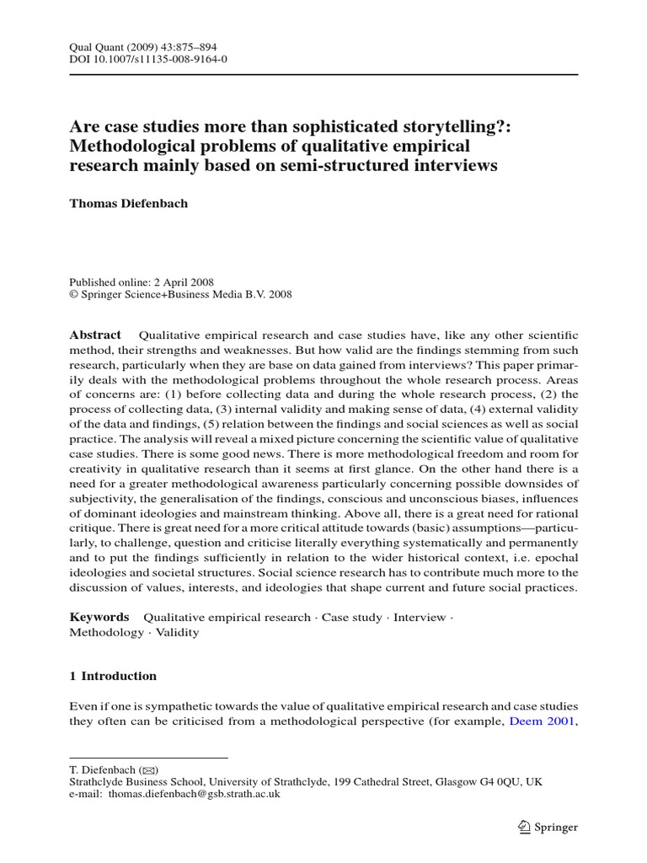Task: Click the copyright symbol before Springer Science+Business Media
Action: point(72,295)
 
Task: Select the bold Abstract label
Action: point(95,335)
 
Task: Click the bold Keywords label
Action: point(99,617)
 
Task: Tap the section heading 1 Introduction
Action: point(113,676)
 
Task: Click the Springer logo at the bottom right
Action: point(546,827)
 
